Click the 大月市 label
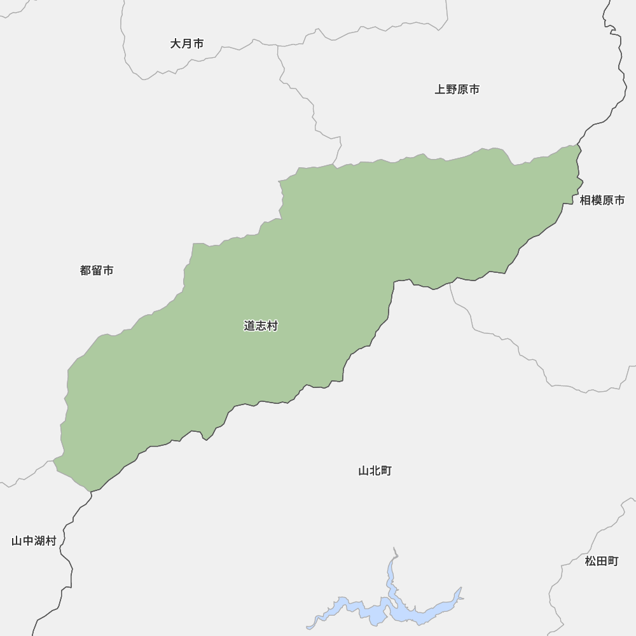click(x=187, y=44)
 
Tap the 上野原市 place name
click(x=457, y=90)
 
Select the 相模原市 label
click(x=602, y=200)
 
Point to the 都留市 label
click(x=97, y=270)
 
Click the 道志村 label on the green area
click(x=261, y=326)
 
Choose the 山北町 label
click(x=375, y=471)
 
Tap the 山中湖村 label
click(x=34, y=541)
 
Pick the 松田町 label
click(x=602, y=561)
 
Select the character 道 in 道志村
click(x=249, y=326)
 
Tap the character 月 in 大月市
click(x=187, y=44)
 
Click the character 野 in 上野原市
click(x=452, y=90)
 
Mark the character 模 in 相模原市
click(x=597, y=200)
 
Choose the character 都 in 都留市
click(x=85, y=270)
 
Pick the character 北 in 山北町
click(x=375, y=471)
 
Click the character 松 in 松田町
click(x=590, y=561)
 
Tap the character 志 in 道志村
click(x=261, y=326)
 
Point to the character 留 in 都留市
click(x=97, y=270)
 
